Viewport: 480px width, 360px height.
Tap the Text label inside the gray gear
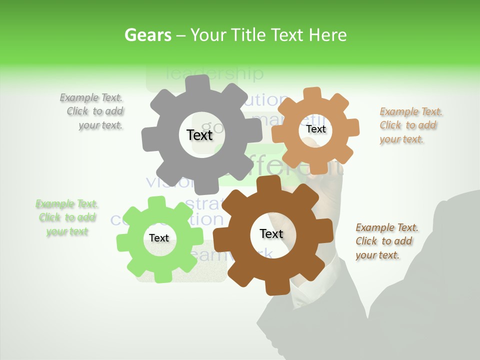[x=199, y=135]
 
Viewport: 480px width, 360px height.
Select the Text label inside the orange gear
[x=315, y=129]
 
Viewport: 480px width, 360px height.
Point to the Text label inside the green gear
[x=159, y=238]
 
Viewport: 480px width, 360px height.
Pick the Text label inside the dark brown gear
[x=271, y=234]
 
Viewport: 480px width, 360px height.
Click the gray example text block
[x=92, y=111]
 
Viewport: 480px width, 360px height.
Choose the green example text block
[x=67, y=217]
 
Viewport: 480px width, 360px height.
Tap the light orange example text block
[x=410, y=125]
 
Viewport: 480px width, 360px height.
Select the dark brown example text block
[x=386, y=241]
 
